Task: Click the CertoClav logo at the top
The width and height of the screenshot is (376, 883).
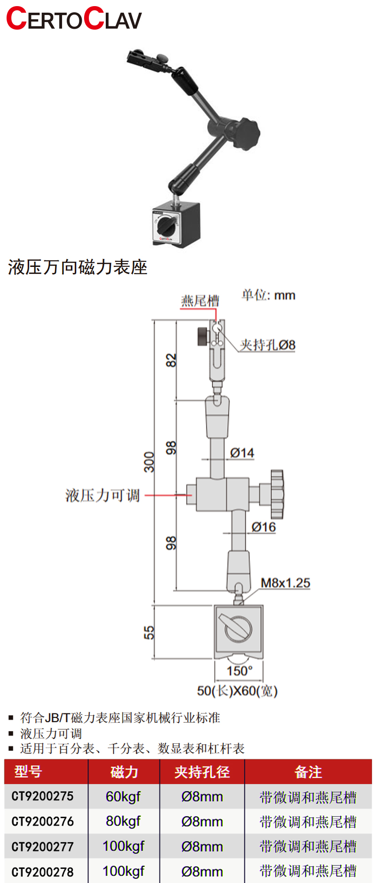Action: pyautogui.click(x=74, y=19)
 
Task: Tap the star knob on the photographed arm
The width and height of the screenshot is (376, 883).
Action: pyautogui.click(x=245, y=132)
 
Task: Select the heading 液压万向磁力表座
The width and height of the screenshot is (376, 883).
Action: pyautogui.click(x=78, y=267)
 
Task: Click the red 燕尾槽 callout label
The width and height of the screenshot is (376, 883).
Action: pyautogui.click(x=200, y=301)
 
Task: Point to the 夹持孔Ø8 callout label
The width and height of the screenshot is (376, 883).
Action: pyautogui.click(x=267, y=345)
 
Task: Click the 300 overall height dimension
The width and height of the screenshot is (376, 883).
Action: pyautogui.click(x=149, y=461)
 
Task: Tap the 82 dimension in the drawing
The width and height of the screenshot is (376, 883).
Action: pyautogui.click(x=172, y=360)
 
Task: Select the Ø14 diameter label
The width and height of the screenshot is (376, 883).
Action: pyautogui.click(x=242, y=453)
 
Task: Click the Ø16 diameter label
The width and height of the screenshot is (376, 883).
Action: pyautogui.click(x=263, y=527)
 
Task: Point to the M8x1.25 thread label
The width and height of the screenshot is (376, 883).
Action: pyautogui.click(x=285, y=583)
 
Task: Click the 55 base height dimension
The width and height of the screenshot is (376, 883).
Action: pyautogui.click(x=149, y=633)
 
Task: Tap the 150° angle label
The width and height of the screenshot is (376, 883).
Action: pyautogui.click(x=240, y=671)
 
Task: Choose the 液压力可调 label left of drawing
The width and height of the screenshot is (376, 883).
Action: pyautogui.click(x=102, y=495)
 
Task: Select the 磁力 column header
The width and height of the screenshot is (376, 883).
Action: pyautogui.click(x=124, y=772)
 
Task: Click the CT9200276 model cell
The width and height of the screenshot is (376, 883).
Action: pyautogui.click(x=43, y=821)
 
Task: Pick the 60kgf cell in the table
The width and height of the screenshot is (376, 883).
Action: pyautogui.click(x=123, y=797)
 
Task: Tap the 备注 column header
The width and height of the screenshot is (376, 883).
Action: pyautogui.click(x=308, y=772)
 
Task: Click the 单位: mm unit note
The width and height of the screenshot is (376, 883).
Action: pyautogui.click(x=268, y=295)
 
